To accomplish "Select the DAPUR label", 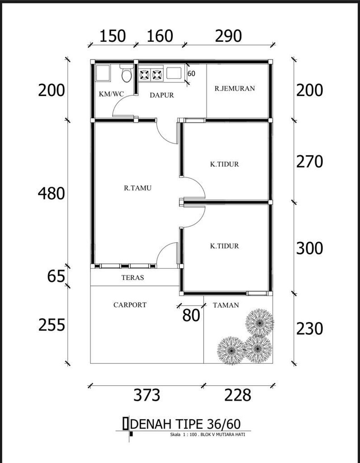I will [162, 95].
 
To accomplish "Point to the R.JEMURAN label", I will [234, 89].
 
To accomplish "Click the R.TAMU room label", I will [137, 188].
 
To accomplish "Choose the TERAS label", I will [133, 278].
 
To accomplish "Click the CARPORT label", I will [130, 305].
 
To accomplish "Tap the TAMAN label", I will [226, 305].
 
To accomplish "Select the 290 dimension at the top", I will [229, 36].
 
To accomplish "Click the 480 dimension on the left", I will [51, 194].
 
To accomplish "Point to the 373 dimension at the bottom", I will [147, 395].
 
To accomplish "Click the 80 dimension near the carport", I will [191, 316].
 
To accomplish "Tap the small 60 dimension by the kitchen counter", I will [191, 74].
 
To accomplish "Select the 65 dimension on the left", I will [56, 277].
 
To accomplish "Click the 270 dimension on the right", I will [309, 162].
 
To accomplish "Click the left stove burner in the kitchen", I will [144, 75].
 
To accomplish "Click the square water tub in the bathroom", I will [103, 73].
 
